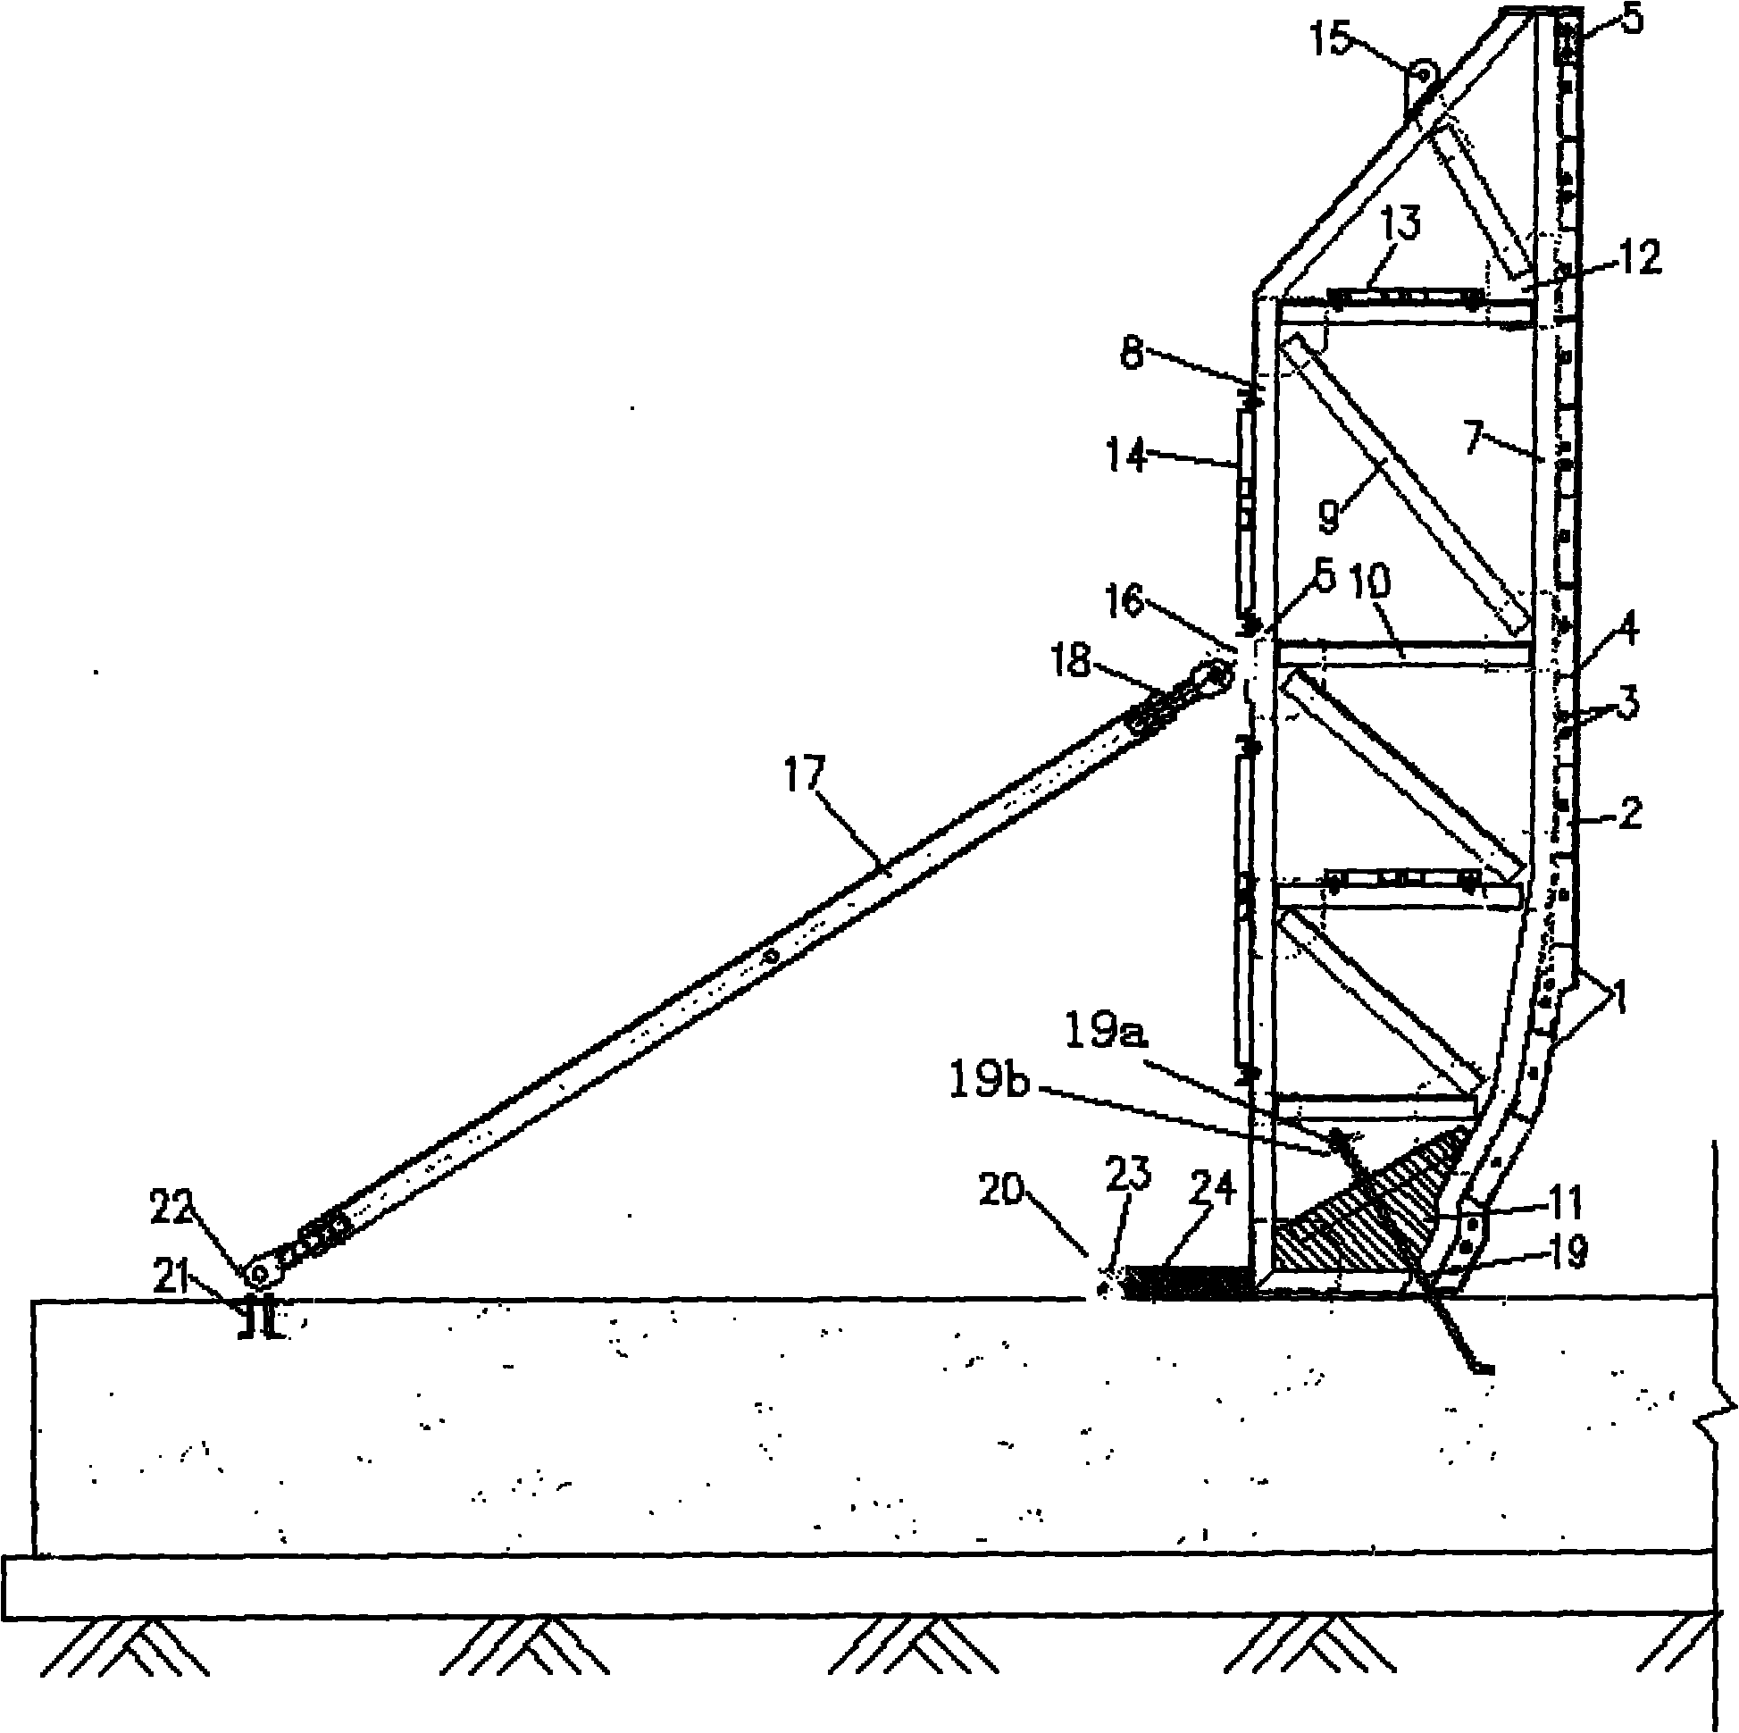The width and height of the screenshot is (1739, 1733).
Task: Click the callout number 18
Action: [x=1091, y=664]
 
